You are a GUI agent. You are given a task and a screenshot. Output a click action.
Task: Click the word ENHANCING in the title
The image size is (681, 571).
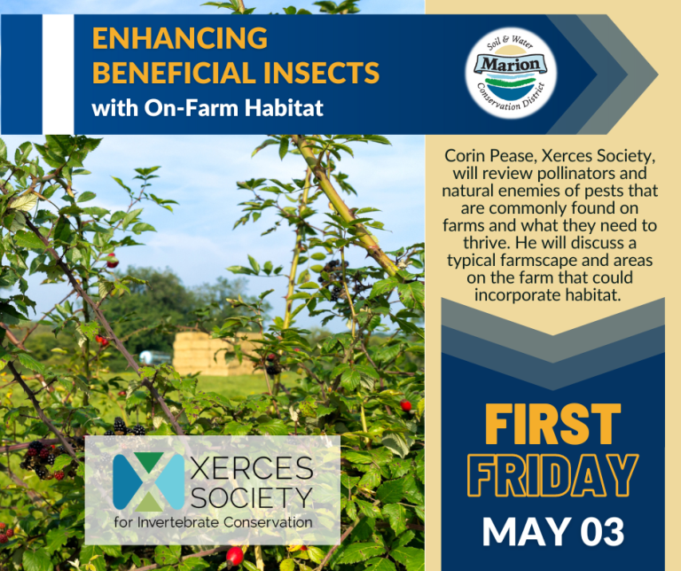pyautogui.click(x=179, y=39)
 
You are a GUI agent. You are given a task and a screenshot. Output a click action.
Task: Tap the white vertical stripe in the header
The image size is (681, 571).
pyautogui.click(x=58, y=74)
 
